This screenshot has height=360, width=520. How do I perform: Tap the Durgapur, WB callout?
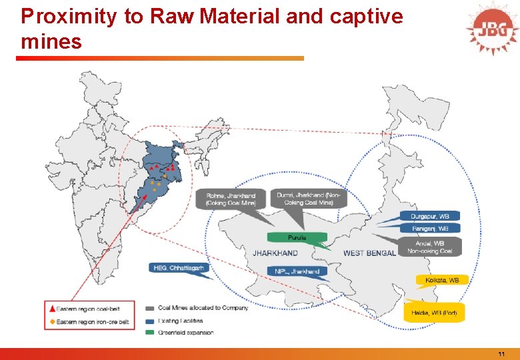[430, 216]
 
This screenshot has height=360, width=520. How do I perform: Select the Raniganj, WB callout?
[430, 228]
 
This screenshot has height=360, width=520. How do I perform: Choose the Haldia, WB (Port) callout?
[434, 312]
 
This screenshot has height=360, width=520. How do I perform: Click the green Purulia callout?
[297, 237]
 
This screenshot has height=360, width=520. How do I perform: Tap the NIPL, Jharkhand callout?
[297, 271]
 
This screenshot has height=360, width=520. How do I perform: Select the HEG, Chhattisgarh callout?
[179, 268]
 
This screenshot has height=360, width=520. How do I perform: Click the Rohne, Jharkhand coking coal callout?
[231, 199]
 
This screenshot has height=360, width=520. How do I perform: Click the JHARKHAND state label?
[275, 253]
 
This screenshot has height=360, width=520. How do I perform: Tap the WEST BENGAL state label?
[369, 253]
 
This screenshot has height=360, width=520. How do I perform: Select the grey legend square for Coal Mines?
[151, 308]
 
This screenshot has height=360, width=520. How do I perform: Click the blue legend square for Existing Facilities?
[151, 321]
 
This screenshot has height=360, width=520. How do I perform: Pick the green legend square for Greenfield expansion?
[151, 333]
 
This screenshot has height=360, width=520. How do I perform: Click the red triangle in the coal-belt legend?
[52, 309]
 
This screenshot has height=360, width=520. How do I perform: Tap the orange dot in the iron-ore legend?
[52, 322]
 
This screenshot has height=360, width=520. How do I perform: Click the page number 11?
[501, 353]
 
